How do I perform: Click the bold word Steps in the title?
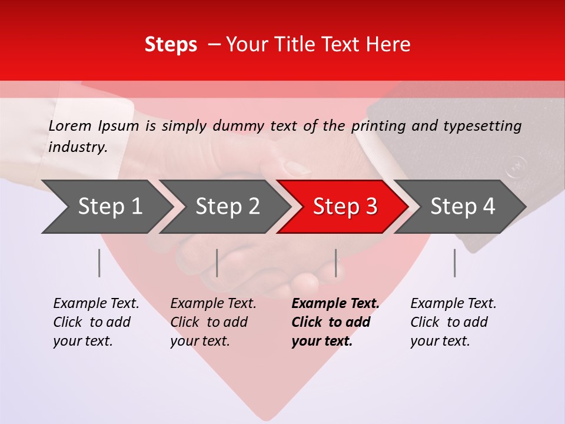[171, 45]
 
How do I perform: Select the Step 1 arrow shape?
[106, 207]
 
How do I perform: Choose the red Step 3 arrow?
[344, 207]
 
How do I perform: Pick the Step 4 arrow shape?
[462, 207]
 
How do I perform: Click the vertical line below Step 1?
[99, 263]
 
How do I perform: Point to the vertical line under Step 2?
[217, 263]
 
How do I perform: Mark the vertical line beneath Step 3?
[335, 263]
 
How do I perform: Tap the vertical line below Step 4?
[454, 263]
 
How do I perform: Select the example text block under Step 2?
[212, 322]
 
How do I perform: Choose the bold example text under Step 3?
[335, 322]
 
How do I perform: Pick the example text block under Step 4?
[453, 322]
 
